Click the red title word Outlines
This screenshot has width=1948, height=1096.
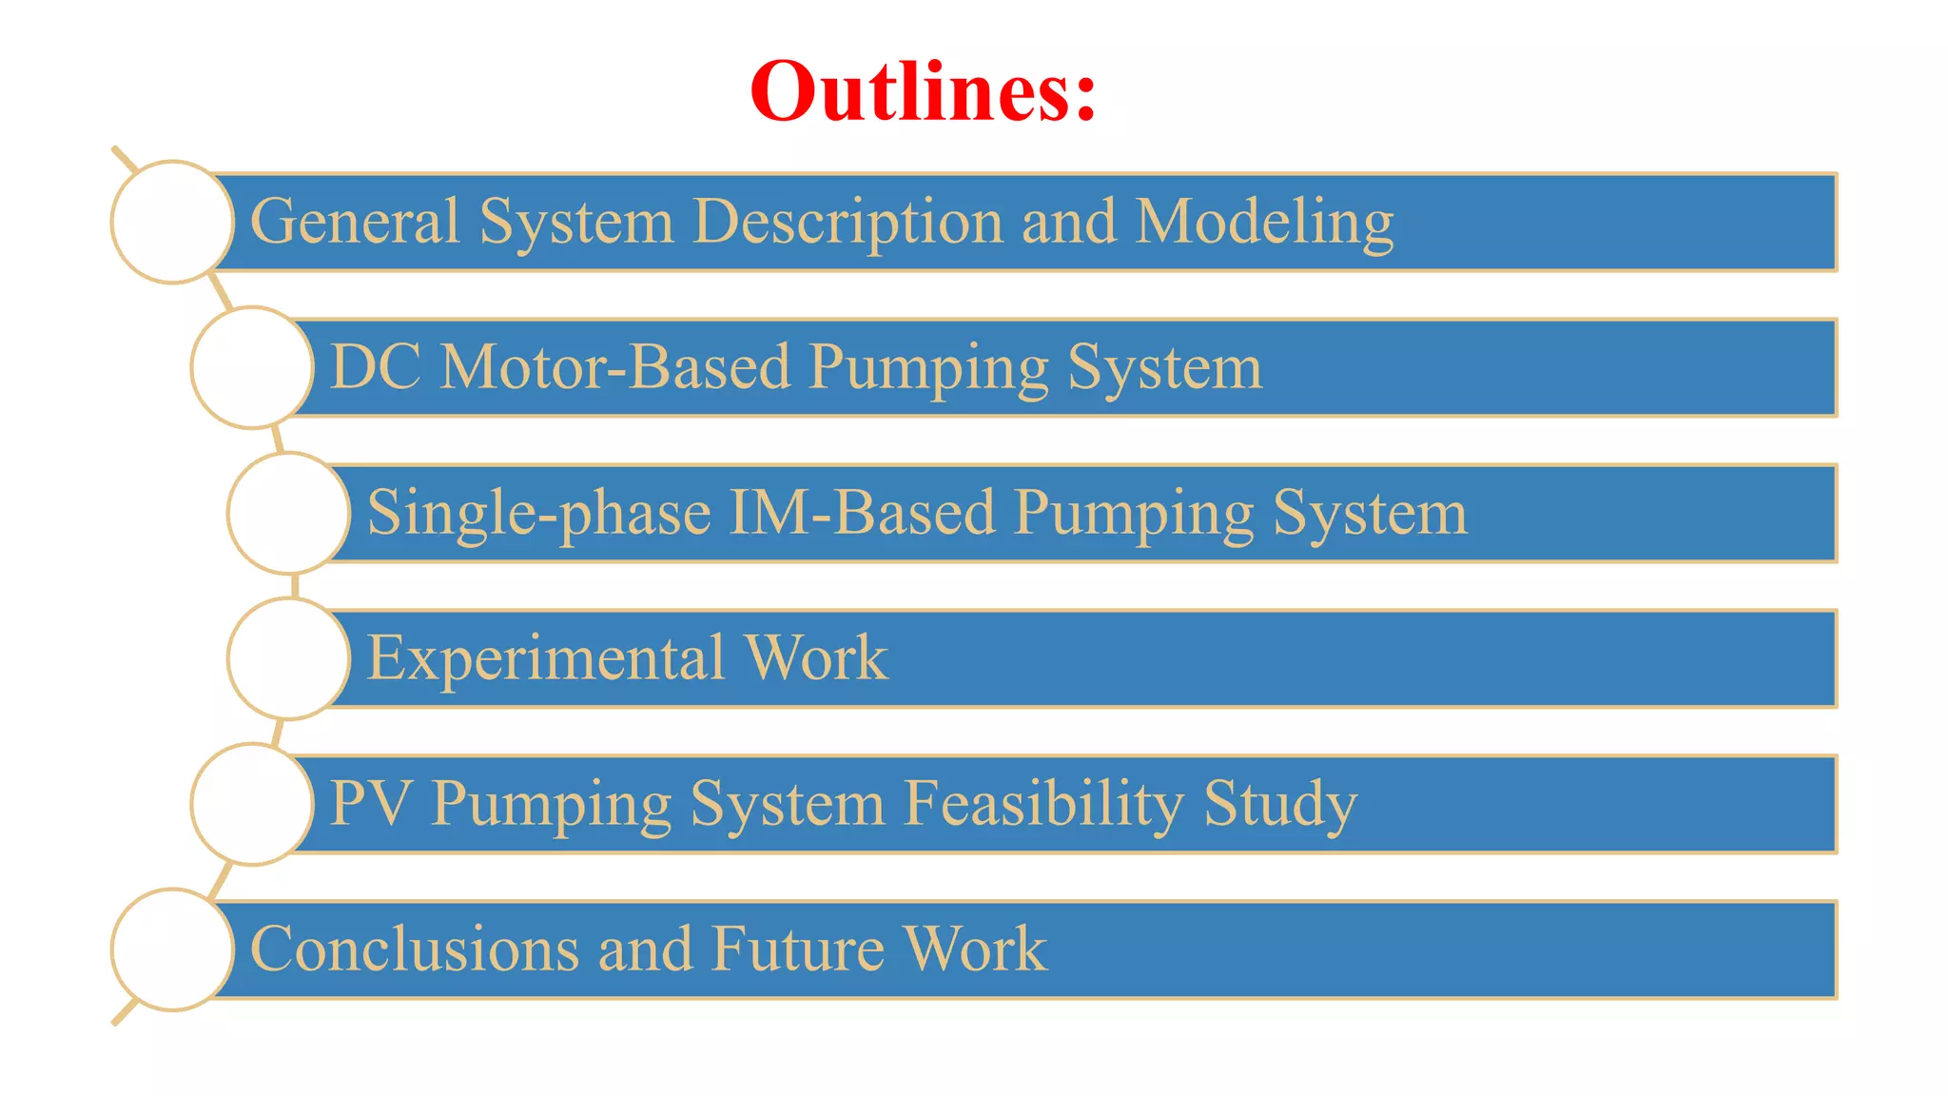pyautogui.click(x=922, y=91)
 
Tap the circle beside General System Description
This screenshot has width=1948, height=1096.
pyautogui.click(x=172, y=222)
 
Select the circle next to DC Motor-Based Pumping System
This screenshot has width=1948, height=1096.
pyautogui.click(x=252, y=367)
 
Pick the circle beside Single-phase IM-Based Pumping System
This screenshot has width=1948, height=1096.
pyautogui.click(x=289, y=513)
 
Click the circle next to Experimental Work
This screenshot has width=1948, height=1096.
pyautogui.click(x=289, y=658)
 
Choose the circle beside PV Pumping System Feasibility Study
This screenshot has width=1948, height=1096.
pyautogui.click(x=252, y=804)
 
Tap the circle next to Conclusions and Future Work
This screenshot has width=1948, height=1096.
pyautogui.click(x=172, y=949)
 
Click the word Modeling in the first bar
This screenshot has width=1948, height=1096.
pyautogui.click(x=1264, y=223)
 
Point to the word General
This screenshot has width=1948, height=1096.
pyautogui.click(x=355, y=221)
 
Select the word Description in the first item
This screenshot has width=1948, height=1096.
pyautogui.click(x=847, y=223)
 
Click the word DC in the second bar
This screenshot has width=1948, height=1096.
pyautogui.click(x=375, y=367)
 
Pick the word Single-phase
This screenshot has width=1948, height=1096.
pyautogui.click(x=538, y=514)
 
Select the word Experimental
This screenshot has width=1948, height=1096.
pyautogui.click(x=546, y=659)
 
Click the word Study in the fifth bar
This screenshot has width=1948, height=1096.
pyautogui.click(x=1280, y=805)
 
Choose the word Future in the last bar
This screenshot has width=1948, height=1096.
pyautogui.click(x=797, y=949)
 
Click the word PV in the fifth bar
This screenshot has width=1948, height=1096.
pyautogui.click(x=370, y=804)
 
